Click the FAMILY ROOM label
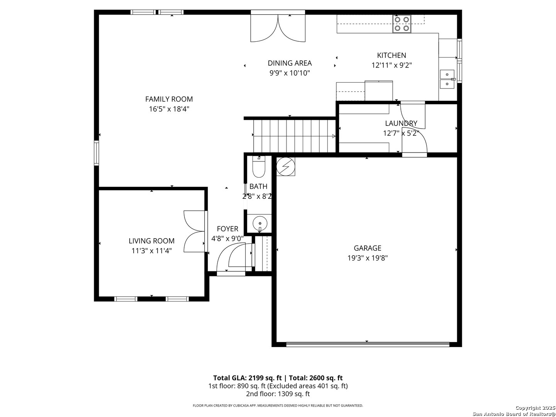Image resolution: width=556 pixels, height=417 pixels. [x=169, y=99]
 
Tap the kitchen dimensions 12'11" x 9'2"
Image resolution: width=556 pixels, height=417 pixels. [x=392, y=66]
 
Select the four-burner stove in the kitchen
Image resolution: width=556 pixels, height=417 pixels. [x=402, y=24]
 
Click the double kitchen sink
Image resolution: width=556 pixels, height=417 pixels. [x=447, y=79]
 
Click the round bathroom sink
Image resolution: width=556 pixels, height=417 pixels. [x=259, y=223]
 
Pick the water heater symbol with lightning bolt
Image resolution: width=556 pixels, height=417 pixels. [x=286, y=166]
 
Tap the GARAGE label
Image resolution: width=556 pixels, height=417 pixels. [x=367, y=248]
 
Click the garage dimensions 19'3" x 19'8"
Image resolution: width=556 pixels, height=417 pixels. [x=367, y=258]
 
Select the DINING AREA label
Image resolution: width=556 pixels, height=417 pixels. [x=290, y=63]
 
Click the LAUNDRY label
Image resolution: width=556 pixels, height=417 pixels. [x=401, y=124]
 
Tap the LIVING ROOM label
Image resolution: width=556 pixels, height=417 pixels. [x=151, y=241]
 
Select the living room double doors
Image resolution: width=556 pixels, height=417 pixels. [x=194, y=231]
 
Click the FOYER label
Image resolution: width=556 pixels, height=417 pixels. [x=227, y=229]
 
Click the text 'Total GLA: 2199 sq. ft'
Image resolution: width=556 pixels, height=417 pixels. [x=248, y=378]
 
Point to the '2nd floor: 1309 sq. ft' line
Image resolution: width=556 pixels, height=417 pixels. [x=278, y=394]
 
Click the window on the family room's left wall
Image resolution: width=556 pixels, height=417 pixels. [x=97, y=153]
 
